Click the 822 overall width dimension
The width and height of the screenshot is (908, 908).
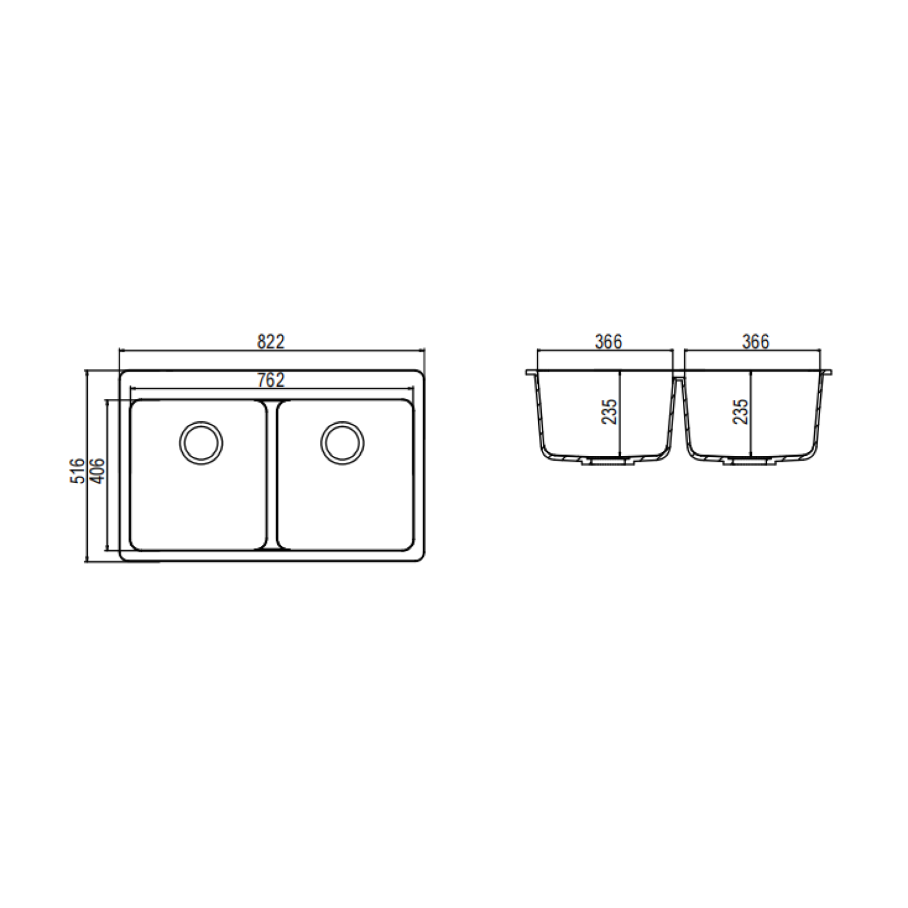pyautogui.click(x=271, y=341)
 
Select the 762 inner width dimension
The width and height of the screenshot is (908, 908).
pyautogui.click(x=271, y=380)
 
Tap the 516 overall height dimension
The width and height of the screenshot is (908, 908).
pyautogui.click(x=78, y=470)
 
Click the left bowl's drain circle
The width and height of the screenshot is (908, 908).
pyautogui.click(x=201, y=442)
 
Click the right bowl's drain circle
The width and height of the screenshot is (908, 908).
pyautogui.click(x=343, y=442)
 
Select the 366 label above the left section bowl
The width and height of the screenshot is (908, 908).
pyautogui.click(x=608, y=341)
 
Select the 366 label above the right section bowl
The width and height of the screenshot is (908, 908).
pyautogui.click(x=756, y=341)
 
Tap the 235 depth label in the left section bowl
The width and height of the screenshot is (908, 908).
pyautogui.click(x=609, y=411)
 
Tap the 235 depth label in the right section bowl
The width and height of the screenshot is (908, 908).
pyautogui.click(x=740, y=411)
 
